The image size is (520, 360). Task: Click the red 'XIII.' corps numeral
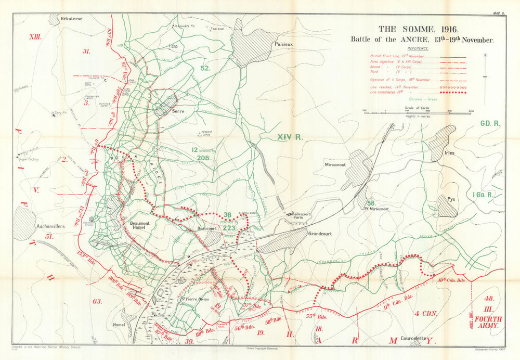point(35,37)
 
